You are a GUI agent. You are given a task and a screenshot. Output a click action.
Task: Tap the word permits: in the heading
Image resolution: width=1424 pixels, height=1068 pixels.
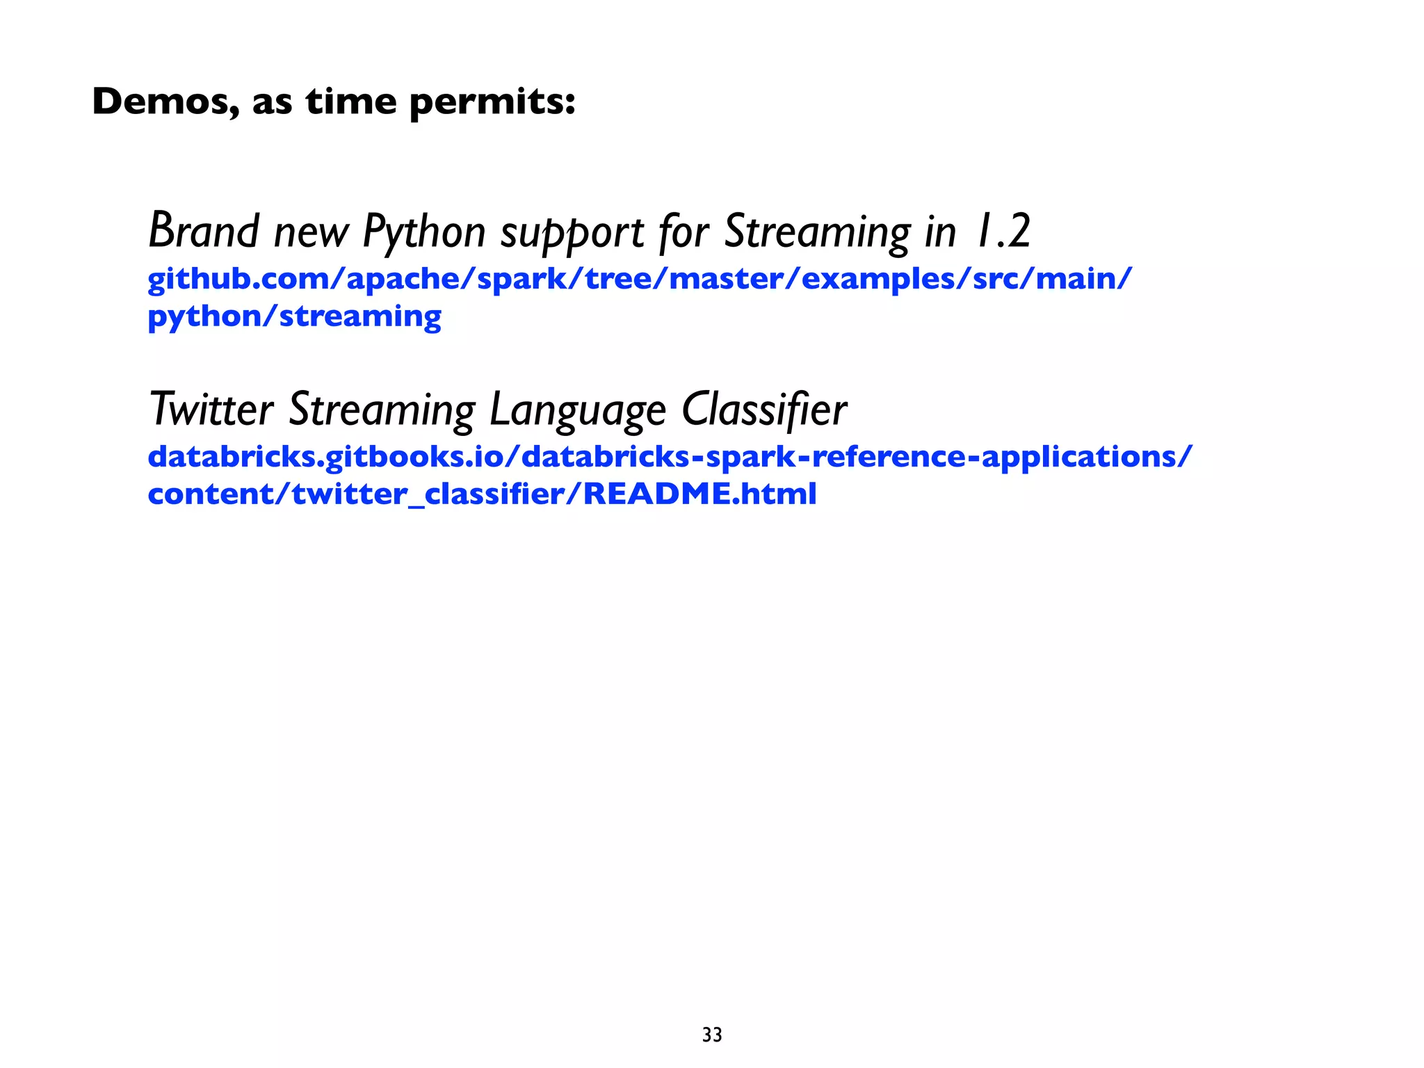(492, 103)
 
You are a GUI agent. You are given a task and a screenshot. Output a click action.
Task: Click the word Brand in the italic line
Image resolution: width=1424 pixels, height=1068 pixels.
(204, 230)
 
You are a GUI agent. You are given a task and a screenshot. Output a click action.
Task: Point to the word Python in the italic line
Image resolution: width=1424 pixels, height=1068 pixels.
(424, 232)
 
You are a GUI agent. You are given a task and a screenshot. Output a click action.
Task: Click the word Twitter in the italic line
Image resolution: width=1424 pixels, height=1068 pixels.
(211, 409)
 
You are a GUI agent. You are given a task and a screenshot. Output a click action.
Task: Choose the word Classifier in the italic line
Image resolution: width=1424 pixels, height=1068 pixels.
(764, 409)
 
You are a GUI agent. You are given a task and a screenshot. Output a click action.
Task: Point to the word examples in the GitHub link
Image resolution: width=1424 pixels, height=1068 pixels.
(878, 280)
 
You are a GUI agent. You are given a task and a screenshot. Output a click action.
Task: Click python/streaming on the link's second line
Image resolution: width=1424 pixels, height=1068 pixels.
(294, 317)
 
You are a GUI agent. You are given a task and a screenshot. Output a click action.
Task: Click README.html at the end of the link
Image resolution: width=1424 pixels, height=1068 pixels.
(699, 494)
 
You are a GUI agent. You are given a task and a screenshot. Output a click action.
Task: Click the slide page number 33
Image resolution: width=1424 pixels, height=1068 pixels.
(712, 1035)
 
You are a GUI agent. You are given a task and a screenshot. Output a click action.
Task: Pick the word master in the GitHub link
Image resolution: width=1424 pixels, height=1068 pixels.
(725, 280)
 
